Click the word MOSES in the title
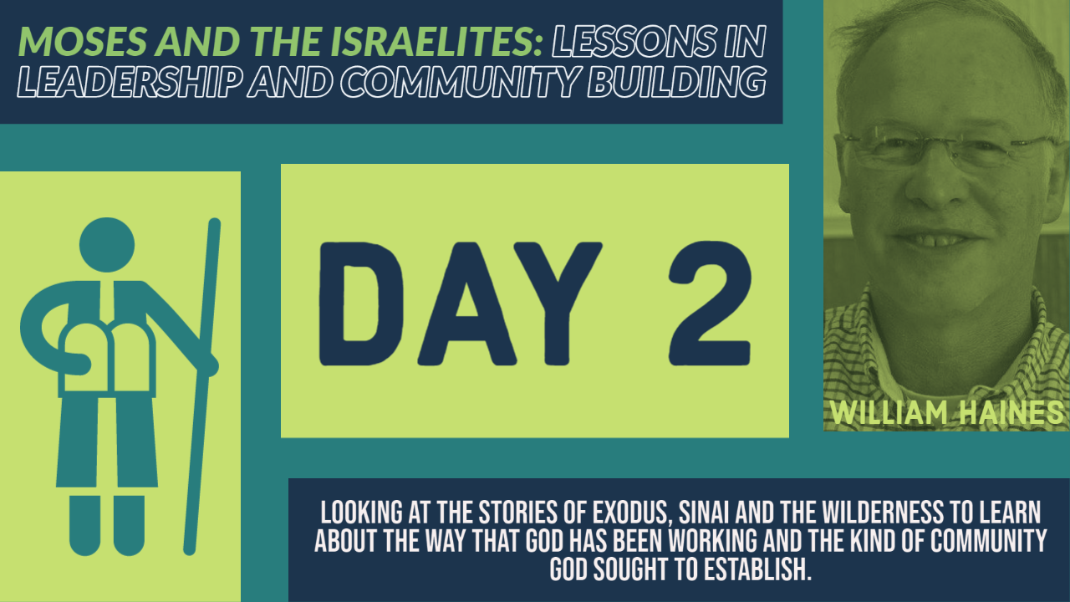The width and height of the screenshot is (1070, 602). [x=83, y=41]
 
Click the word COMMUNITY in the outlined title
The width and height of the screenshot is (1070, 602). [x=460, y=82]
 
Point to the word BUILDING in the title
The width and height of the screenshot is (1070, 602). [x=677, y=82]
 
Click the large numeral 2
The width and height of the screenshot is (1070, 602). [x=710, y=304]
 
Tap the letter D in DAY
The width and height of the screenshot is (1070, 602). [x=361, y=304]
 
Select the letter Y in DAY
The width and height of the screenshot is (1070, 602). [x=558, y=304]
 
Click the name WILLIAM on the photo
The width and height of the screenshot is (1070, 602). [x=889, y=412]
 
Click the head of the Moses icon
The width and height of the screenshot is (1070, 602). [x=107, y=245]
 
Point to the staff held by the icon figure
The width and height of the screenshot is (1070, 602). [x=202, y=386]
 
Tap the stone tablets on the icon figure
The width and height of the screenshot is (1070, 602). [x=107, y=360]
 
